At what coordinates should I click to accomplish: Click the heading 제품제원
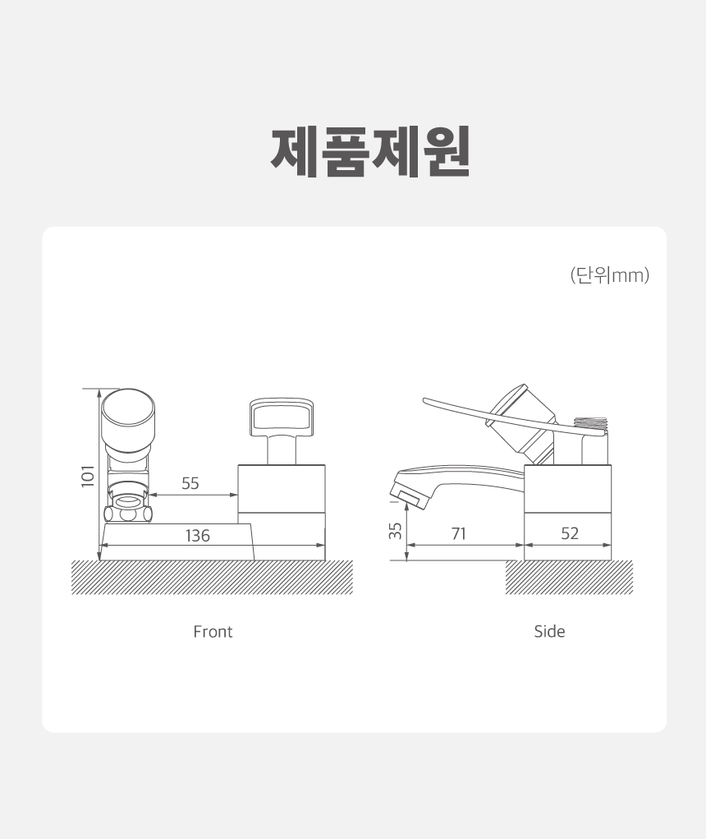click(x=370, y=152)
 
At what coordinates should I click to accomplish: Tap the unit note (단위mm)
click(x=610, y=275)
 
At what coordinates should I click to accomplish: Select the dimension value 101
click(x=88, y=477)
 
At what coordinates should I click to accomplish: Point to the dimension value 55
click(x=190, y=483)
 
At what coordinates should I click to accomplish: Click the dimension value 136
click(x=198, y=536)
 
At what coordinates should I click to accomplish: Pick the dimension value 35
click(x=395, y=531)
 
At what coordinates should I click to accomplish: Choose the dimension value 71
click(x=459, y=533)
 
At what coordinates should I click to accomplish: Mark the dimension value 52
click(x=570, y=533)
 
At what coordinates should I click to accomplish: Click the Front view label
click(x=213, y=632)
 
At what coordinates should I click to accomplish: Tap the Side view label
click(x=549, y=631)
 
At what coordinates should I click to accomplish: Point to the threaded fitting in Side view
click(x=591, y=425)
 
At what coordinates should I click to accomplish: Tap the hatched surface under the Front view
click(x=212, y=578)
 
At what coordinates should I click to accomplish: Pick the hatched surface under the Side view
click(x=569, y=578)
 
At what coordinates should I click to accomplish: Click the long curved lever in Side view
click(x=507, y=418)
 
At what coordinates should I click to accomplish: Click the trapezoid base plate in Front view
click(x=177, y=542)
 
